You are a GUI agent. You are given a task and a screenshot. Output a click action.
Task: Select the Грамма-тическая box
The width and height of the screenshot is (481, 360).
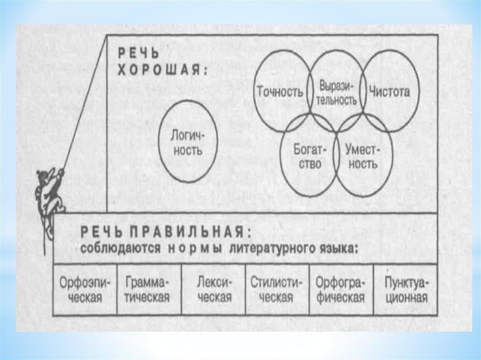(148, 290)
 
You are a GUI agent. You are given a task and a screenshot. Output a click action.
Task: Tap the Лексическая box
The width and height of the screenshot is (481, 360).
(214, 290)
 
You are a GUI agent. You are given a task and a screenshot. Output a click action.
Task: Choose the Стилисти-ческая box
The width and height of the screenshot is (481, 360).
(277, 290)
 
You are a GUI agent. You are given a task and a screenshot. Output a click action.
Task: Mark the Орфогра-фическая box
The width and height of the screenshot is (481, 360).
(341, 290)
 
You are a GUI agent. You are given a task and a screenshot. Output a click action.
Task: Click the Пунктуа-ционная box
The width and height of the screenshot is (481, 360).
(406, 290)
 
